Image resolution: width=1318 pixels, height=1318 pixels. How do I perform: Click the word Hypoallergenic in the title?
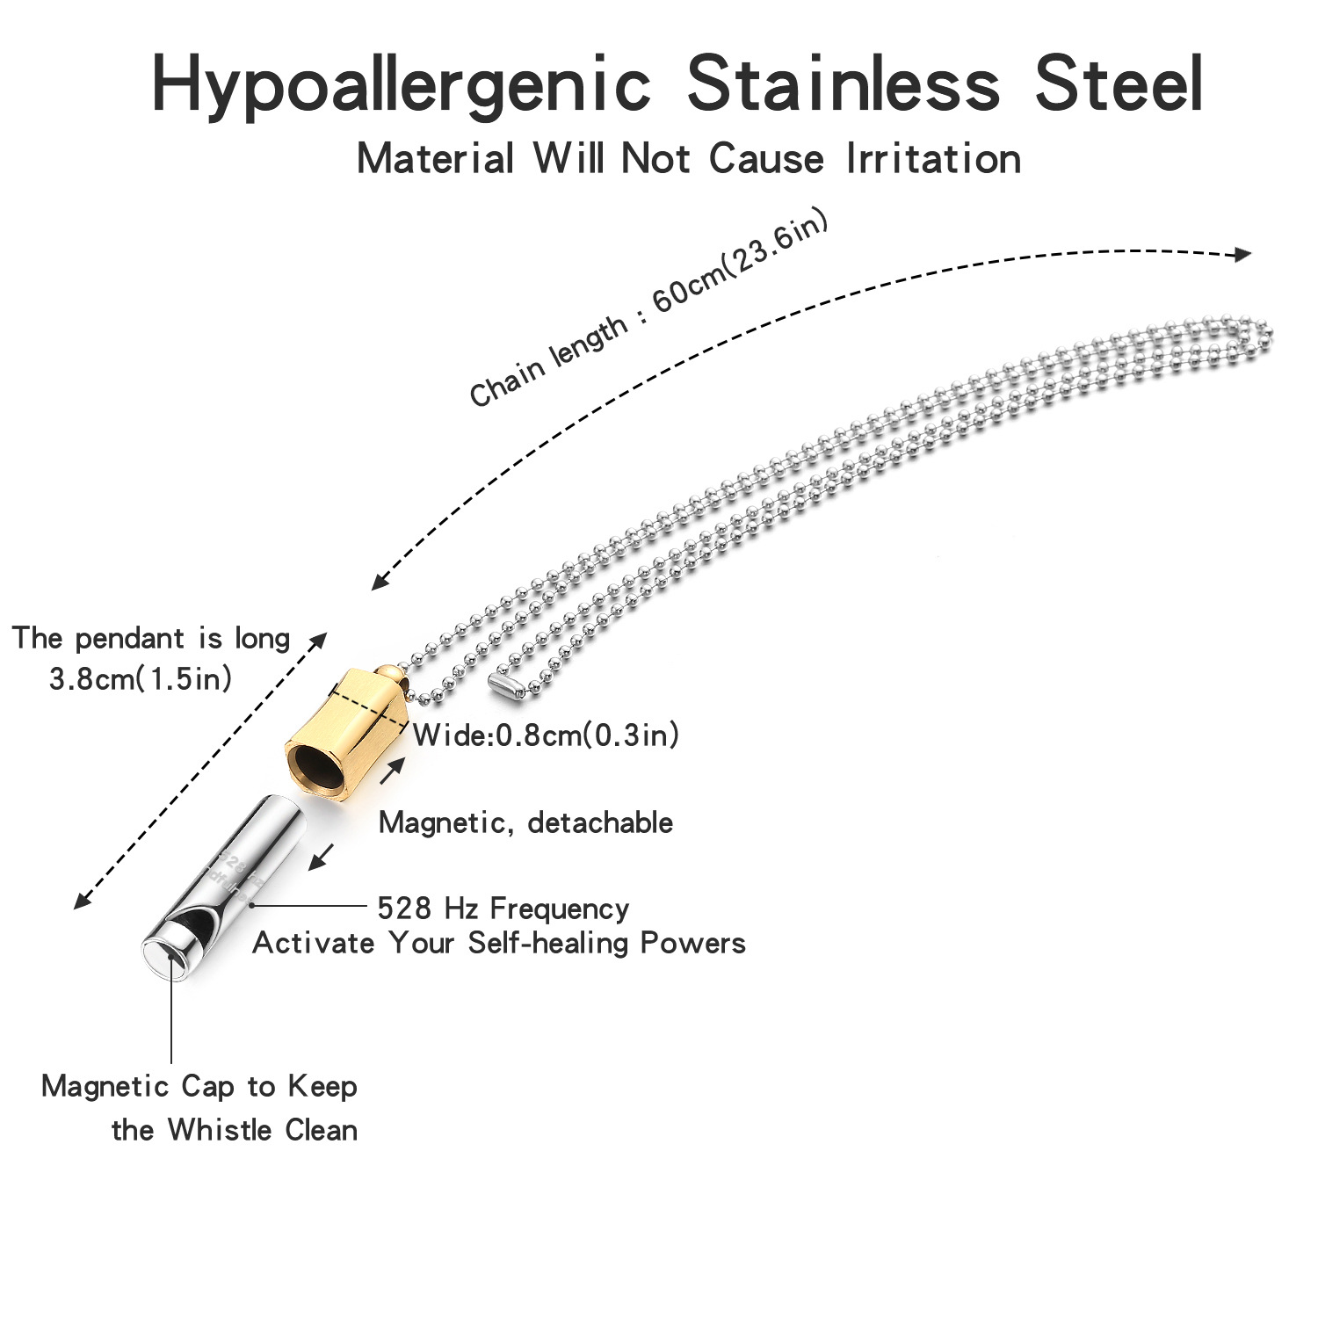pyautogui.click(x=400, y=85)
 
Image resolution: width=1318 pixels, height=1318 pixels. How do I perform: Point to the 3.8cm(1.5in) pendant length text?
pyautogui.click(x=141, y=678)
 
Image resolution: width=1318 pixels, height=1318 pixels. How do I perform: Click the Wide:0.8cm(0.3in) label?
pyautogui.click(x=546, y=735)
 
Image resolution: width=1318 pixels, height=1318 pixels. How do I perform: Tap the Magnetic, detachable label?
pyautogui.click(x=525, y=822)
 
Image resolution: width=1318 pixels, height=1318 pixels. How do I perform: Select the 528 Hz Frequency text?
pyautogui.click(x=503, y=908)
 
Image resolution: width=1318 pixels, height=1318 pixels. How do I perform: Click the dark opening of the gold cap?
pyautogui.click(x=316, y=763)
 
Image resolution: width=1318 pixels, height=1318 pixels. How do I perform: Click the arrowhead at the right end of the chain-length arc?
pyautogui.click(x=1242, y=255)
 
